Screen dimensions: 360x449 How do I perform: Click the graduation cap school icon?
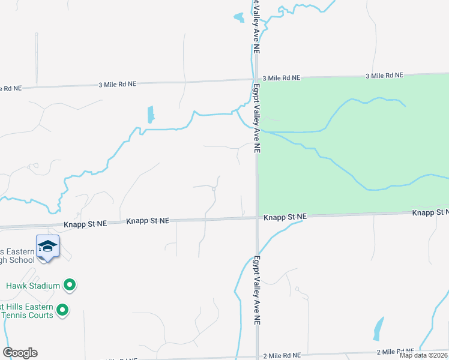tap(47, 246)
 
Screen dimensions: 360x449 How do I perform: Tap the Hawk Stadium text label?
tap(33, 286)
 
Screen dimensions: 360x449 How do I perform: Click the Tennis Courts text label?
tap(27, 315)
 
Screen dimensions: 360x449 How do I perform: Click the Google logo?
tap(20, 353)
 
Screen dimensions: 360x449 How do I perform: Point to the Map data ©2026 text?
tap(423, 355)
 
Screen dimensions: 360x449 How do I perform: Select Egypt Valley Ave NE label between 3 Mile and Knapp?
tap(256, 117)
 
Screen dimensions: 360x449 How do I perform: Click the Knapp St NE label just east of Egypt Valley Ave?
tap(285, 216)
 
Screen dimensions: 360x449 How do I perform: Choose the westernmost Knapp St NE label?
tap(85, 223)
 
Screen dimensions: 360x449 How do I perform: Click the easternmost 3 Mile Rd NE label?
tap(384, 76)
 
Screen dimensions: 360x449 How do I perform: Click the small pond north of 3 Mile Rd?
tap(240, 18)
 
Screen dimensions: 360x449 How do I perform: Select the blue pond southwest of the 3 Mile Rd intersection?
tap(150, 114)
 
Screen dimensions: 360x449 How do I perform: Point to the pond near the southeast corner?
tap(378, 329)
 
